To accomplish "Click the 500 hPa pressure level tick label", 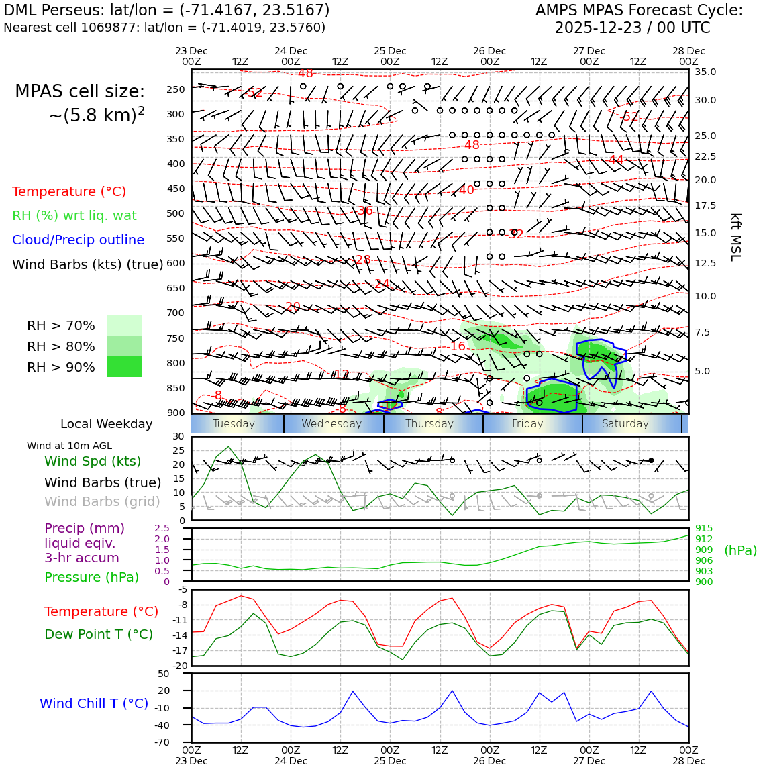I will pos(175,213).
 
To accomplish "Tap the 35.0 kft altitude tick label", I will pos(705,72).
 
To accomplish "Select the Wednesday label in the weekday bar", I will pos(331,424).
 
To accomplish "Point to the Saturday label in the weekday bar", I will pos(625,424).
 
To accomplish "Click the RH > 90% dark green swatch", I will pos(124,366).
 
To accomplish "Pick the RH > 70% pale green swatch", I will pos(124,325).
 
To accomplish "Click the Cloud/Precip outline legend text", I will pos(78,240).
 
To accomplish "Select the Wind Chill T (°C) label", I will pos(94,703).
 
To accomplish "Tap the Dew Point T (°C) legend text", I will pos(99,634).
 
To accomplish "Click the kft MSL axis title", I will pos(735,237).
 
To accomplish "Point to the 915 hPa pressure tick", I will pos(704,528).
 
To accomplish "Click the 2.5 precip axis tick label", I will pos(162,528).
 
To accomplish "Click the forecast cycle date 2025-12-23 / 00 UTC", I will pos(632,28).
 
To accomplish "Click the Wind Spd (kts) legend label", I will pos(93,461).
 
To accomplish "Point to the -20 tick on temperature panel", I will pos(179,666).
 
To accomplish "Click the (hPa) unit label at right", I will pos(740,550).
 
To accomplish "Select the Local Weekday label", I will pos(106,424).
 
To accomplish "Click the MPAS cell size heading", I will pos(80,91).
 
